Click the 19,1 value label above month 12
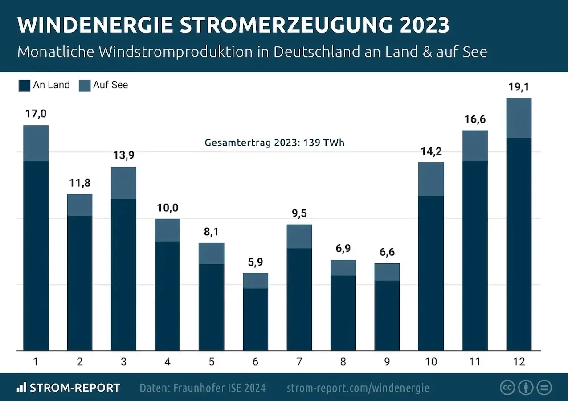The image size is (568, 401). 519,87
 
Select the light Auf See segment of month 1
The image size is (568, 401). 36,143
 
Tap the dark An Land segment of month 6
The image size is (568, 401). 255,319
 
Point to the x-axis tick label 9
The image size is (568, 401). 387,362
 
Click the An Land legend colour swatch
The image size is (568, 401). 24,86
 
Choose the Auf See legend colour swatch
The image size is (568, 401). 85,86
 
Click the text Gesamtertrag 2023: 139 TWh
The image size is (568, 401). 274,143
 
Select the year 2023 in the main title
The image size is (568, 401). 424,25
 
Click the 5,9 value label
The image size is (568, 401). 255,262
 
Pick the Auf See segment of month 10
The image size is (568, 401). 431,179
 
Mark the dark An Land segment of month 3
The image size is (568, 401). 123,274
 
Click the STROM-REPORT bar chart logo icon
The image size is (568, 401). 21,387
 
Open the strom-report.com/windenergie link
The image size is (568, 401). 358,388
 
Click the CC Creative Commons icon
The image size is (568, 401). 507,387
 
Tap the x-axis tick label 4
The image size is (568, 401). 168,362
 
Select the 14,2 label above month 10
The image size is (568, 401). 431,151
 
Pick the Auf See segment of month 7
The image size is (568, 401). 299,236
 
